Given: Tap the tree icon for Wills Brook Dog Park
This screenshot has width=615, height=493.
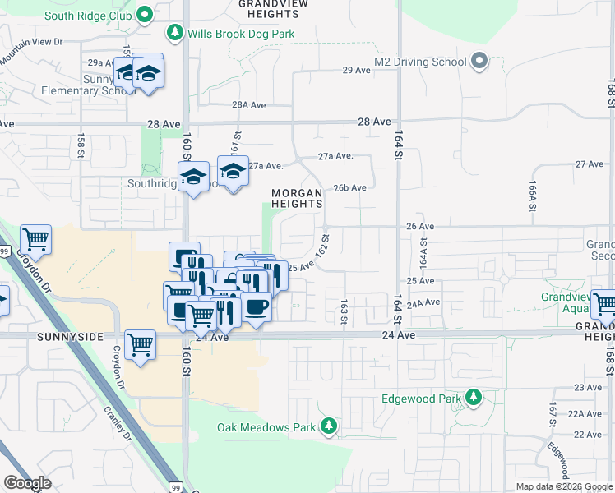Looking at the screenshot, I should pyautogui.click(x=174, y=33).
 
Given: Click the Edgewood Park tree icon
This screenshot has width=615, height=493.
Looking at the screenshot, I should pyautogui.click(x=474, y=399).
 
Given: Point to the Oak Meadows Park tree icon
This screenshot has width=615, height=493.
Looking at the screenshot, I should pyautogui.click(x=328, y=426).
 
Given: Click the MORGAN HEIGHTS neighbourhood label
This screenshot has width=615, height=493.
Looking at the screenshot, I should pyautogui.click(x=297, y=198).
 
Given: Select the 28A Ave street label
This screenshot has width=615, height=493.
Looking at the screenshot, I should pyautogui.click(x=249, y=105).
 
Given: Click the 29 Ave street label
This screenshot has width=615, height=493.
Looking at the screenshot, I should pyautogui.click(x=357, y=71).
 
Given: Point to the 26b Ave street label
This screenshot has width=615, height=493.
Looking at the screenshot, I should pyautogui.click(x=349, y=187).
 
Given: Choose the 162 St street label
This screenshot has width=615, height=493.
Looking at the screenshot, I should pyautogui.click(x=324, y=246).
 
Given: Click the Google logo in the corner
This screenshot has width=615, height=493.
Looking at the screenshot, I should pyautogui.click(x=27, y=483).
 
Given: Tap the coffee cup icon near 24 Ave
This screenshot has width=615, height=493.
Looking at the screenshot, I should pyautogui.click(x=257, y=307).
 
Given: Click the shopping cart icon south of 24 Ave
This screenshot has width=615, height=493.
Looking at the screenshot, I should pyautogui.click(x=141, y=346).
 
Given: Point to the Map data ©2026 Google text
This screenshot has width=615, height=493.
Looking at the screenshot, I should pyautogui.click(x=563, y=486).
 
